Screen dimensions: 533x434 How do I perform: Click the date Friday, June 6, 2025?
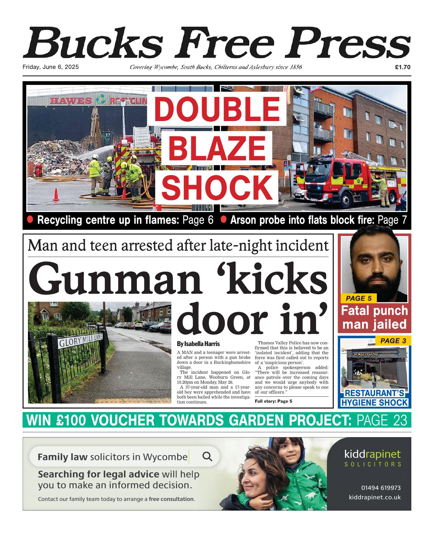click(51, 67)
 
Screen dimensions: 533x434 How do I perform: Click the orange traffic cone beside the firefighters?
click(56, 195)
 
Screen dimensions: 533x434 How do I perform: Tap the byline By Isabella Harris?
click(198, 344)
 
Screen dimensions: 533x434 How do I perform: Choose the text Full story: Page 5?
click(273, 401)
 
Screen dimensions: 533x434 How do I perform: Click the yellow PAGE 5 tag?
click(359, 298)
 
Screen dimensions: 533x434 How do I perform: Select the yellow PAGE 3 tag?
click(393, 341)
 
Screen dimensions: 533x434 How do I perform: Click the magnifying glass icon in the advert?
click(207, 457)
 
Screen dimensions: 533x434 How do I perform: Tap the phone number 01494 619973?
click(381, 488)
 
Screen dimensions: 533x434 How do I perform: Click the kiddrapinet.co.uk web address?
click(375, 497)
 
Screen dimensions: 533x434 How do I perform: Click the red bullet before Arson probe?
click(223, 219)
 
